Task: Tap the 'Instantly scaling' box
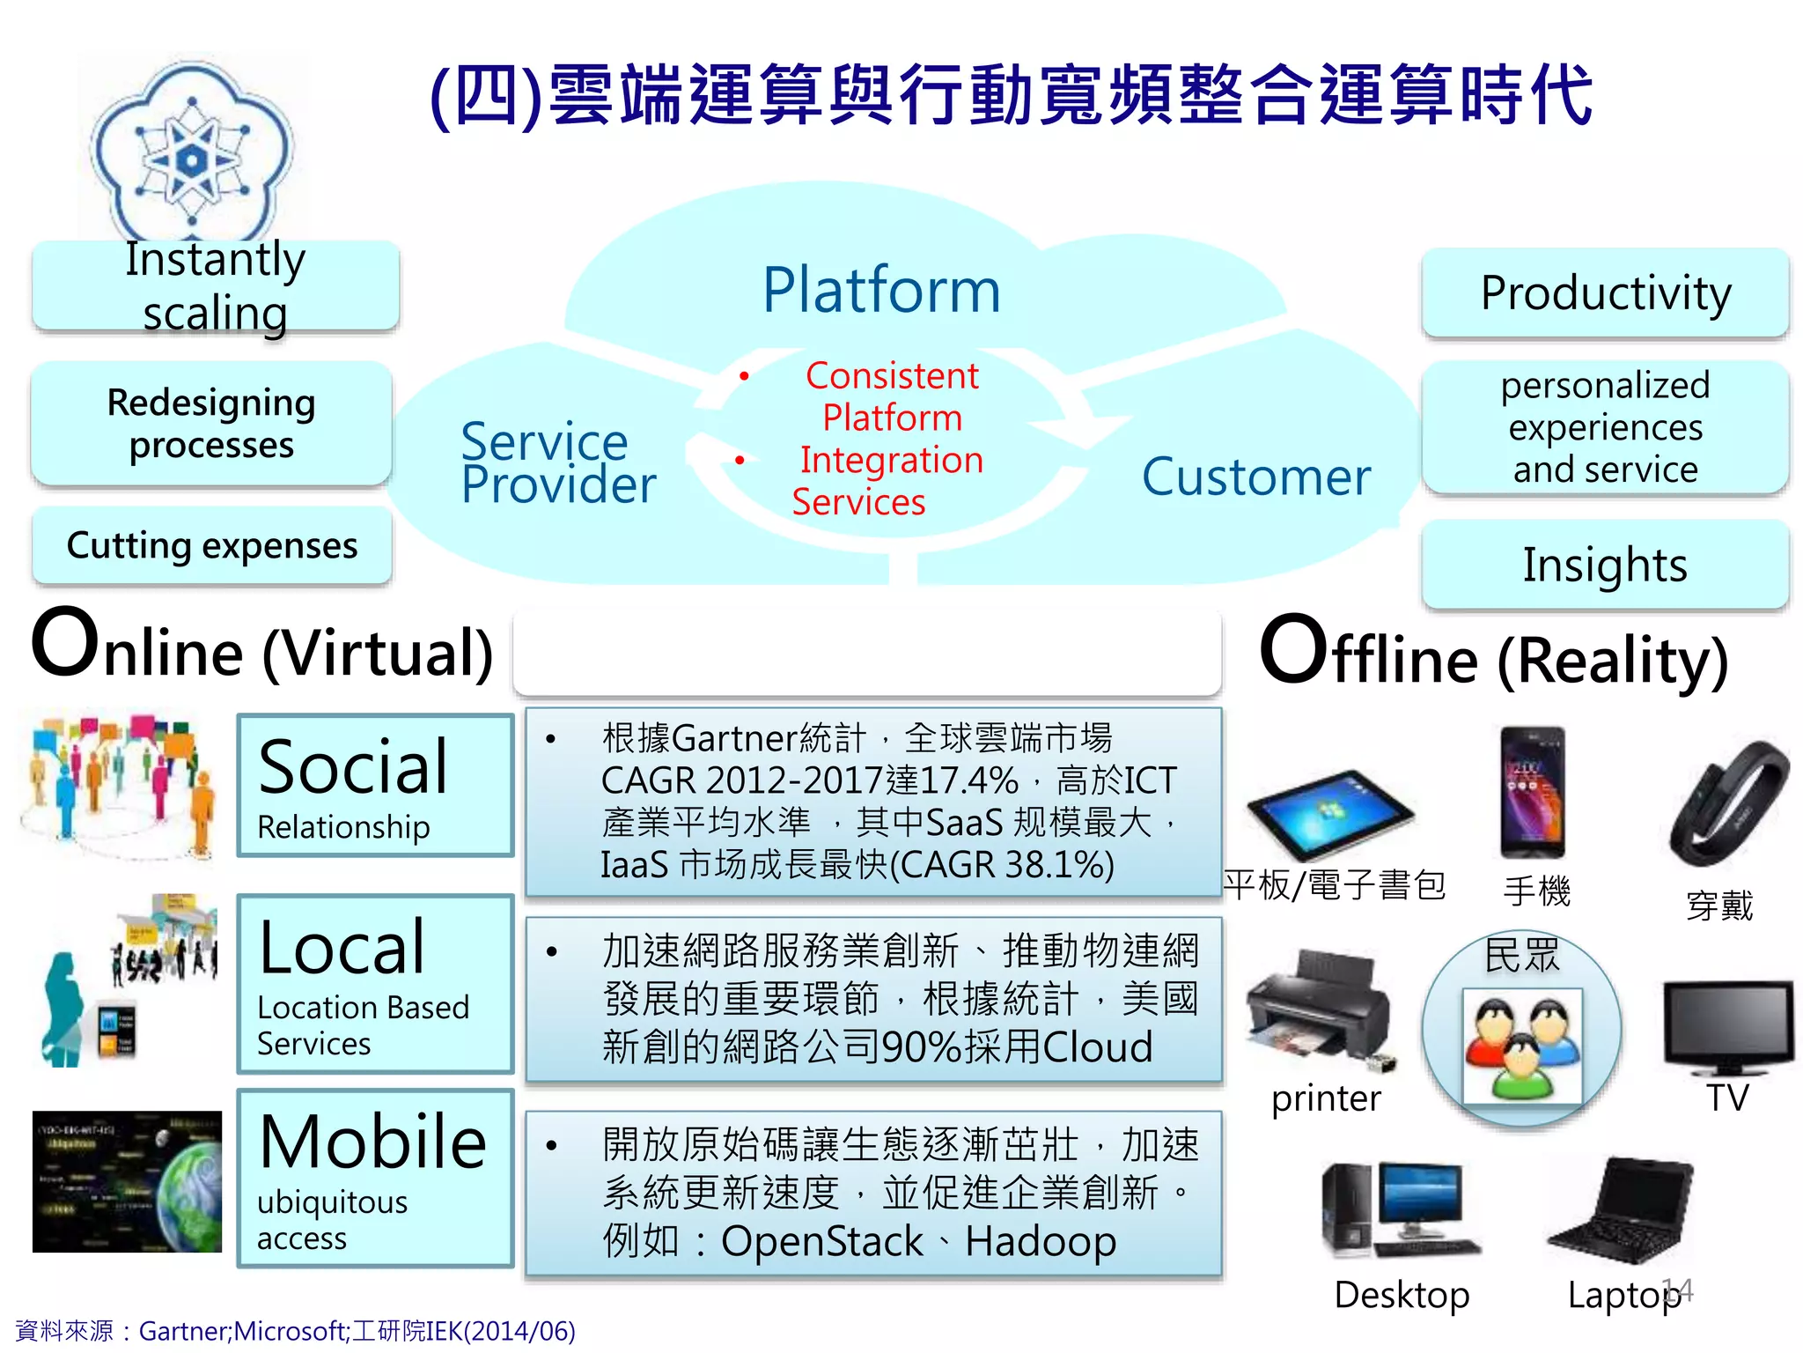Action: pos(216,285)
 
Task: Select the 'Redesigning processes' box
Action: pos(211,423)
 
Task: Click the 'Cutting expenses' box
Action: pos(212,545)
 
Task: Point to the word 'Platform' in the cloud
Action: pos(881,290)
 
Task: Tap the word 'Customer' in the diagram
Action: pos(1255,477)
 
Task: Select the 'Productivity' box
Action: pos(1605,292)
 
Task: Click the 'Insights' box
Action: pos(1605,564)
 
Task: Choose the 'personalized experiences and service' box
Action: pos(1605,427)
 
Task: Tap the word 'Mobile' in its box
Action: pos(373,1142)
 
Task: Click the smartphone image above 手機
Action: pos(1533,792)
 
